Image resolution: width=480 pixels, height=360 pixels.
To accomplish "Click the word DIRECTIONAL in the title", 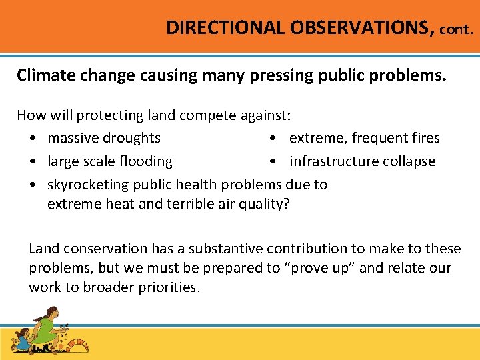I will [x=225, y=28].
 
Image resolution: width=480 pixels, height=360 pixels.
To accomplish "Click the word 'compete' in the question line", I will [x=207, y=115].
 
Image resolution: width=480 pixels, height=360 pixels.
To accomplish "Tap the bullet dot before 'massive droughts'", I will [x=33, y=139].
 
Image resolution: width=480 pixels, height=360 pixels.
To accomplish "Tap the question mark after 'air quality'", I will [x=287, y=205].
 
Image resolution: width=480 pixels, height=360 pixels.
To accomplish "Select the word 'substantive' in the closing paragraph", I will [x=226, y=249].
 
